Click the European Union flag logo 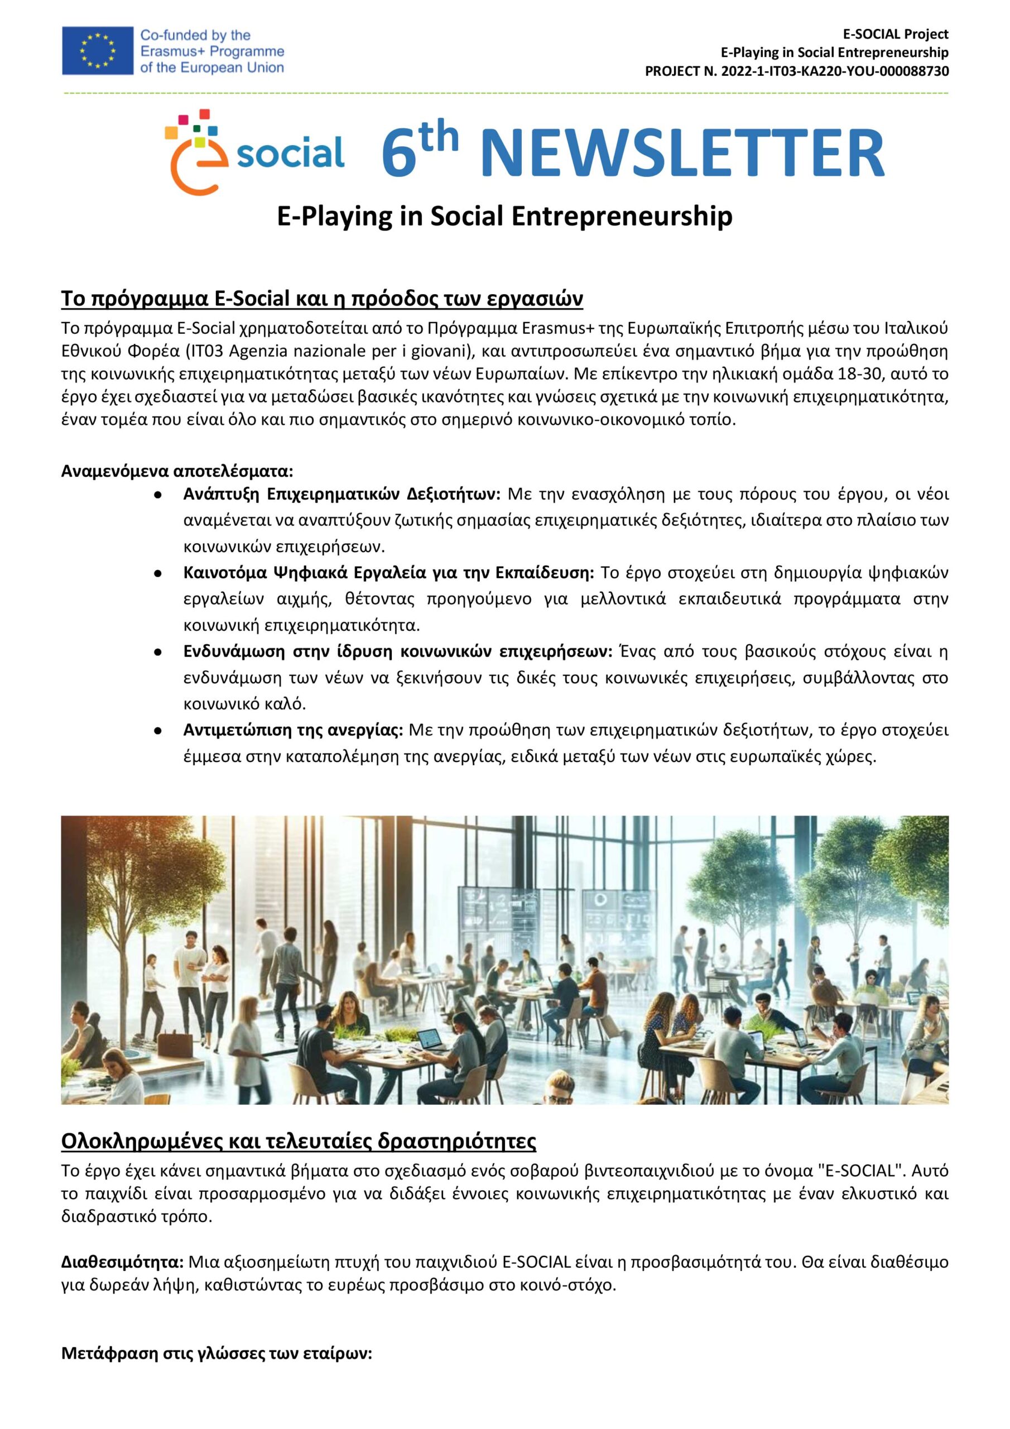pos(97,50)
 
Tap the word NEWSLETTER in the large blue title pos(682,155)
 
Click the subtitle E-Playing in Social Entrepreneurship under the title pos(504,217)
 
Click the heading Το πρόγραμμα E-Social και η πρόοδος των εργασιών pos(322,299)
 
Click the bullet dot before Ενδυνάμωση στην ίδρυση pos(158,653)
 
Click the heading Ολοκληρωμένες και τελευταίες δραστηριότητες pos(299,1142)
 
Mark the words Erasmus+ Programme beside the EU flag pos(212,51)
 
